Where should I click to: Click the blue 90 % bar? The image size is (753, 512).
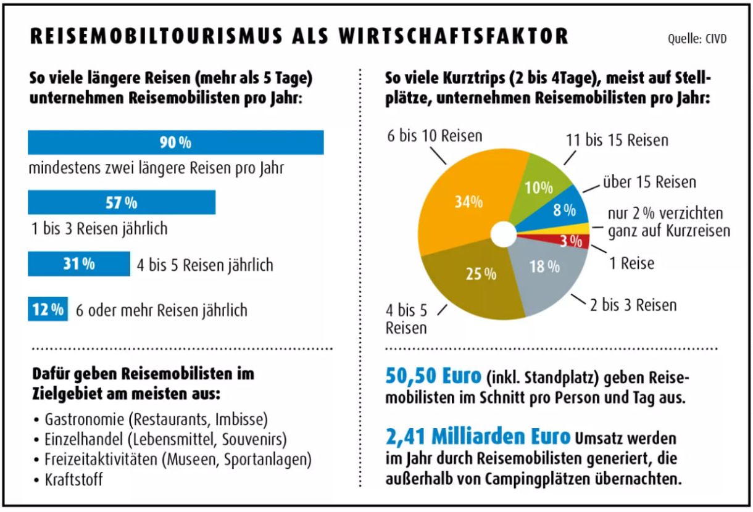tap(176, 142)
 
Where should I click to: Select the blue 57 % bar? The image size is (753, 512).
tap(122, 202)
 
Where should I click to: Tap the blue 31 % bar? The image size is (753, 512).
tap(79, 264)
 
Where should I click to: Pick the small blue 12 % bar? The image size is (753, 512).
tap(48, 310)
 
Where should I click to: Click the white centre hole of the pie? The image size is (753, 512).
tap(504, 234)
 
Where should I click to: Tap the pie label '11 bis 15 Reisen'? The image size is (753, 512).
tap(617, 141)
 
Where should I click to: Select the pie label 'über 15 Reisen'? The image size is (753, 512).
tap(649, 182)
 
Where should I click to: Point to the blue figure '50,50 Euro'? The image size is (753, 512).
tap(431, 376)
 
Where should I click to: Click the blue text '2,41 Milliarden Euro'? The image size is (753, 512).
tap(478, 437)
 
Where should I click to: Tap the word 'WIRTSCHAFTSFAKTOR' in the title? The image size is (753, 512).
tap(454, 36)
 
